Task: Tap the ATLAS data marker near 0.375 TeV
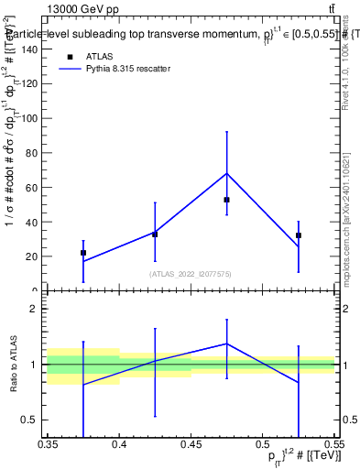(x=83, y=253)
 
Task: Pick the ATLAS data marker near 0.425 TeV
(x=155, y=234)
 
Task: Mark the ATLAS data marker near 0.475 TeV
(x=226, y=200)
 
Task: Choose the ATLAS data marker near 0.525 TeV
(x=299, y=235)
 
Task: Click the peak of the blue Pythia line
(x=226, y=173)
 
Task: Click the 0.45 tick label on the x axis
(x=191, y=444)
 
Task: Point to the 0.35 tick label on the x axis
(x=48, y=444)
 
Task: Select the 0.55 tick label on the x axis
(x=333, y=444)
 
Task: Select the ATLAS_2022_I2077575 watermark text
(x=191, y=274)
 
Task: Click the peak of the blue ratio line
(x=226, y=344)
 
